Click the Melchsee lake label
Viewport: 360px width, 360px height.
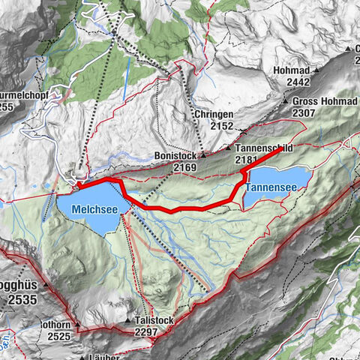[x=95, y=208]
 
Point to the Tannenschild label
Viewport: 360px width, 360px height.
[x=268, y=148]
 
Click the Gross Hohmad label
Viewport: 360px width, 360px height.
[x=319, y=100]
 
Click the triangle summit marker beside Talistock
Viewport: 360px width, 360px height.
[x=130, y=320]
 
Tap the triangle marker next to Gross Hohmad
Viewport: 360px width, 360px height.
[x=285, y=100]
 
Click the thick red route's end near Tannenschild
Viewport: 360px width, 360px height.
[x=281, y=149]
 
